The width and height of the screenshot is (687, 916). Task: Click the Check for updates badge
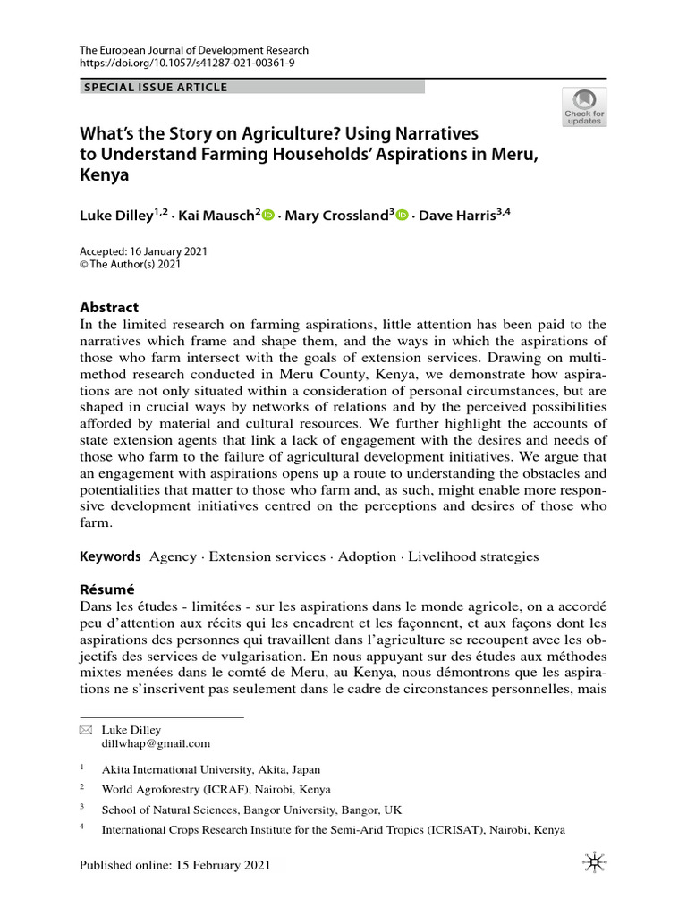pos(583,106)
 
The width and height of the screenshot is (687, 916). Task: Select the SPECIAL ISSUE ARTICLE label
pos(155,87)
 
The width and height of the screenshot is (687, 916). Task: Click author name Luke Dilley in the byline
pos(114,216)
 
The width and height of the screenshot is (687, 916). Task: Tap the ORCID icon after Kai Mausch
pos(268,216)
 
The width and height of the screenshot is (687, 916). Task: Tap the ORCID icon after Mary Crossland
pos(402,216)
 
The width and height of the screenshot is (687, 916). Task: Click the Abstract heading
pos(110,307)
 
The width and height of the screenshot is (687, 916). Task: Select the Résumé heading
pos(107,589)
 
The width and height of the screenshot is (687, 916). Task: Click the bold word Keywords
pos(111,556)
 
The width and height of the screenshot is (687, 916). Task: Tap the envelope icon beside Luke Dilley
pos(86,730)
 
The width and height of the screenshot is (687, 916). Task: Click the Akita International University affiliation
pos(211,769)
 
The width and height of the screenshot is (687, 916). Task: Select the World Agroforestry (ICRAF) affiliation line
pos(216,790)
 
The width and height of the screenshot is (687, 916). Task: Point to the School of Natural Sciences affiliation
pos(252,810)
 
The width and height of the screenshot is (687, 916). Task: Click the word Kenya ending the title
pos(105,175)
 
